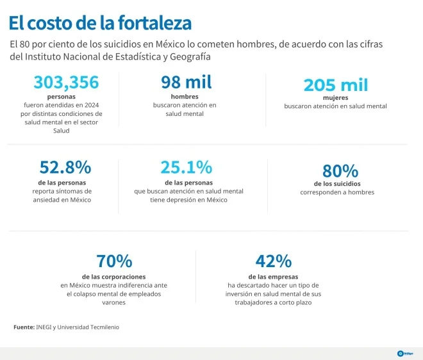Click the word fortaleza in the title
point(154,22)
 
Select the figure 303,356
point(67,82)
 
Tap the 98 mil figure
point(187,82)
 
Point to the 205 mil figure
point(336,85)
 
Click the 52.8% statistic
point(65,167)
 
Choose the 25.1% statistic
point(187,167)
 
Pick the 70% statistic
point(114,261)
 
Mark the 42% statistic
point(274,261)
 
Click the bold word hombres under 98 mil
point(185,97)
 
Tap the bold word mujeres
point(336,97)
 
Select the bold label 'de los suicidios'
point(337,184)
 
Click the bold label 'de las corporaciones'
point(114,277)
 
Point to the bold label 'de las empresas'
point(273,277)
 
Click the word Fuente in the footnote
point(24,327)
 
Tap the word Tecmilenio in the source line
point(104,327)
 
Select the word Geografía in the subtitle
point(190,57)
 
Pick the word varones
point(113,302)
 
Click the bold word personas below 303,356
point(62,97)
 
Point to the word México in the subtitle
point(170,44)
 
